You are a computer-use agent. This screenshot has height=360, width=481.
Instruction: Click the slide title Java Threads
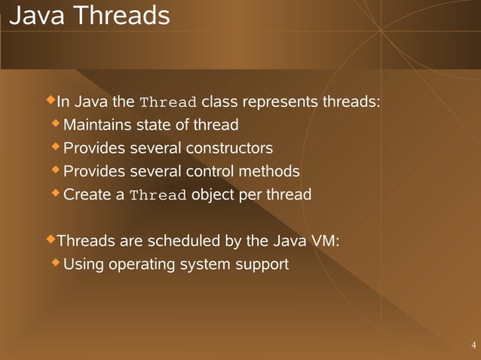click(90, 16)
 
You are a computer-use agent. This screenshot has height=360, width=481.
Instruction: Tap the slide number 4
click(473, 346)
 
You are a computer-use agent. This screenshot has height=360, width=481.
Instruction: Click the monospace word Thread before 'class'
click(169, 102)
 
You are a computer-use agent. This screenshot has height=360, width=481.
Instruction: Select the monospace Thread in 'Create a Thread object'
click(158, 196)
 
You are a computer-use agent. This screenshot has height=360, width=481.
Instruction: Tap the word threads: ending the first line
click(351, 102)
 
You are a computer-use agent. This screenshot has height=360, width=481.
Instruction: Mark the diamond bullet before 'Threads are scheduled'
click(51, 240)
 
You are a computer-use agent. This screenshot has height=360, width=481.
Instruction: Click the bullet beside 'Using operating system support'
click(57, 264)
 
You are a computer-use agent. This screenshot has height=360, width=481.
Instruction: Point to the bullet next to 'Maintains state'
click(57, 124)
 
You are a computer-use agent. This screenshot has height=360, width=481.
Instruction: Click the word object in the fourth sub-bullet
click(213, 195)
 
